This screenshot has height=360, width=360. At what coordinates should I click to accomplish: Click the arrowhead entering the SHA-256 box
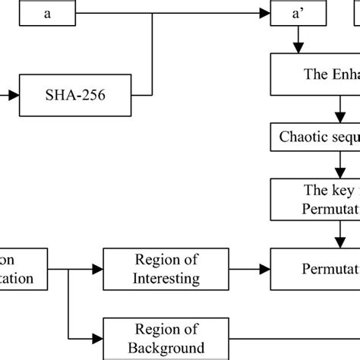(15, 96)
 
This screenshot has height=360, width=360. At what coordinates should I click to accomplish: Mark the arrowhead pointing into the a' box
(264, 14)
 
